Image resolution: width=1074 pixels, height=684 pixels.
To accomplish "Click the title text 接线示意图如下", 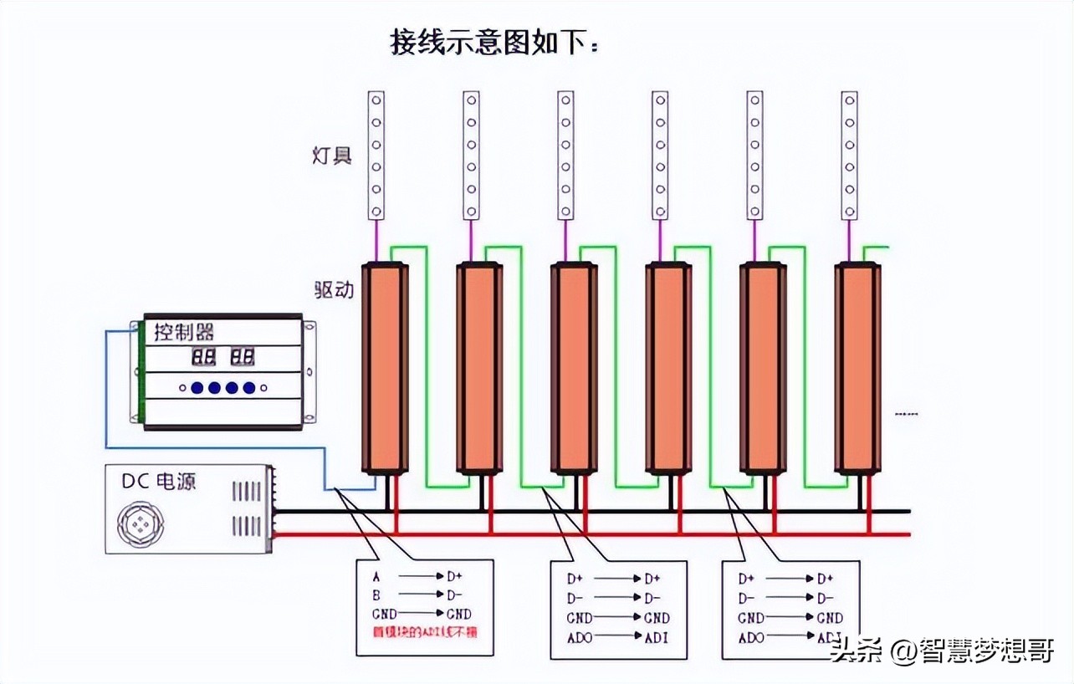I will pos(494,41).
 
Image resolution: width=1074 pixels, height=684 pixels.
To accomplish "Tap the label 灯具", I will pos(331,156).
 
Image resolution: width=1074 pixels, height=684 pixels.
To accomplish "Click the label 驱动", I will pos(333,289).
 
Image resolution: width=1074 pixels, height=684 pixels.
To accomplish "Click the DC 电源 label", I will pos(159,482).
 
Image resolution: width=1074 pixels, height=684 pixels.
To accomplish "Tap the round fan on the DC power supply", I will pos(141,524).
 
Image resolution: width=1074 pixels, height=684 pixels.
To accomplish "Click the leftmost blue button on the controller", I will pos(197,388).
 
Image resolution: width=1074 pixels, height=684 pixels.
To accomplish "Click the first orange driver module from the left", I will pos(385,368).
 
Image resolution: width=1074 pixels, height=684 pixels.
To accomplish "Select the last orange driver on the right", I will pos(857,368).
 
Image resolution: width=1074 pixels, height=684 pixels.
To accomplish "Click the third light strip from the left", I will pos(566,156).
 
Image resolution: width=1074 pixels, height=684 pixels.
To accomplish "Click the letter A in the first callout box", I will pos(376,576).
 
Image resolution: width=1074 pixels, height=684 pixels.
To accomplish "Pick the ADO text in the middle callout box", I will pos(580,639).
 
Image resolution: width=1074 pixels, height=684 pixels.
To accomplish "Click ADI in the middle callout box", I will pos(655,639).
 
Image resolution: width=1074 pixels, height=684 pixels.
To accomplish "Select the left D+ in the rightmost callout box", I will pos(746,578).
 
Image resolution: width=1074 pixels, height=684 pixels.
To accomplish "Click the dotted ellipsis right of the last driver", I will pos(906,413).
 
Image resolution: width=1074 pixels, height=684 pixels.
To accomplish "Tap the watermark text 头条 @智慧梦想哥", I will pos(941,650).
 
